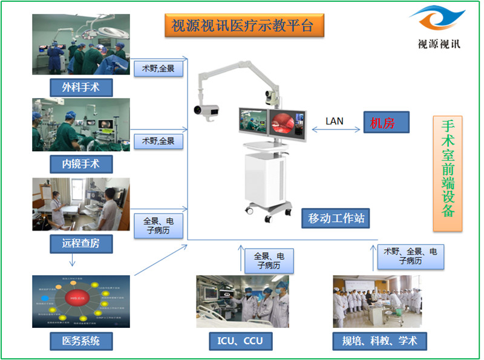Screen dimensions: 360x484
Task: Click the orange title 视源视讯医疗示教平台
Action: (244, 25)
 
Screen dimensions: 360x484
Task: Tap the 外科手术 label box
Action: (82, 87)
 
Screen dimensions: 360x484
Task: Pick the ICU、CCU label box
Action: (240, 341)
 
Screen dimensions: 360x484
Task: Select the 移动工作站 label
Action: (336, 218)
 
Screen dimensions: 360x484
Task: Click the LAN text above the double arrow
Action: (334, 121)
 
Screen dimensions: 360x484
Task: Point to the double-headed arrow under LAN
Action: (335, 129)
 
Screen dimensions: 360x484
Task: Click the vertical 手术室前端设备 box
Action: (447, 174)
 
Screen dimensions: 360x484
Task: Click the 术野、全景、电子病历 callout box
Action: (410, 256)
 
